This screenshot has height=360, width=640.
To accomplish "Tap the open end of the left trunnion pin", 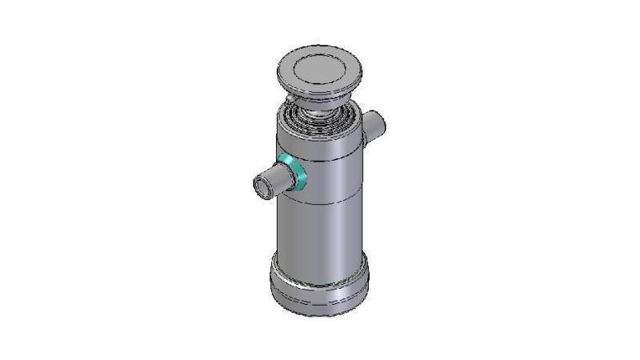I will click(261, 187).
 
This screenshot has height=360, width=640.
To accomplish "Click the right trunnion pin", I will click(374, 126).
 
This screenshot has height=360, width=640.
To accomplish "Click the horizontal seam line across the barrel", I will click(320, 201).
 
